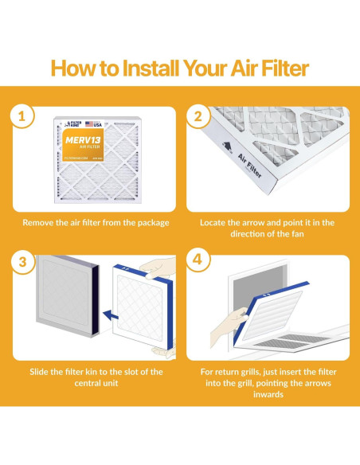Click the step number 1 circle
(x=22, y=116)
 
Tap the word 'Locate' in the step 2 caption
(x=217, y=222)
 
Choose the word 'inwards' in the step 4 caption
(x=270, y=397)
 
